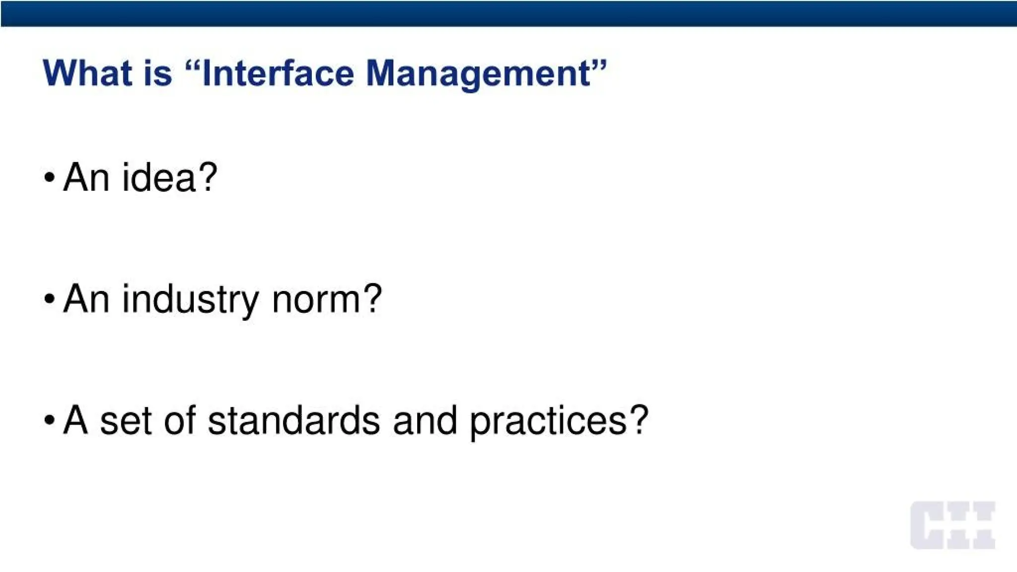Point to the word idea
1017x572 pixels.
159,177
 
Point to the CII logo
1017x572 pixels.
952,525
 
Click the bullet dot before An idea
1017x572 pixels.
49,177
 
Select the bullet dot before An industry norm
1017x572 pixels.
49,299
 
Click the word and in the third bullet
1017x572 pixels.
425,421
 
